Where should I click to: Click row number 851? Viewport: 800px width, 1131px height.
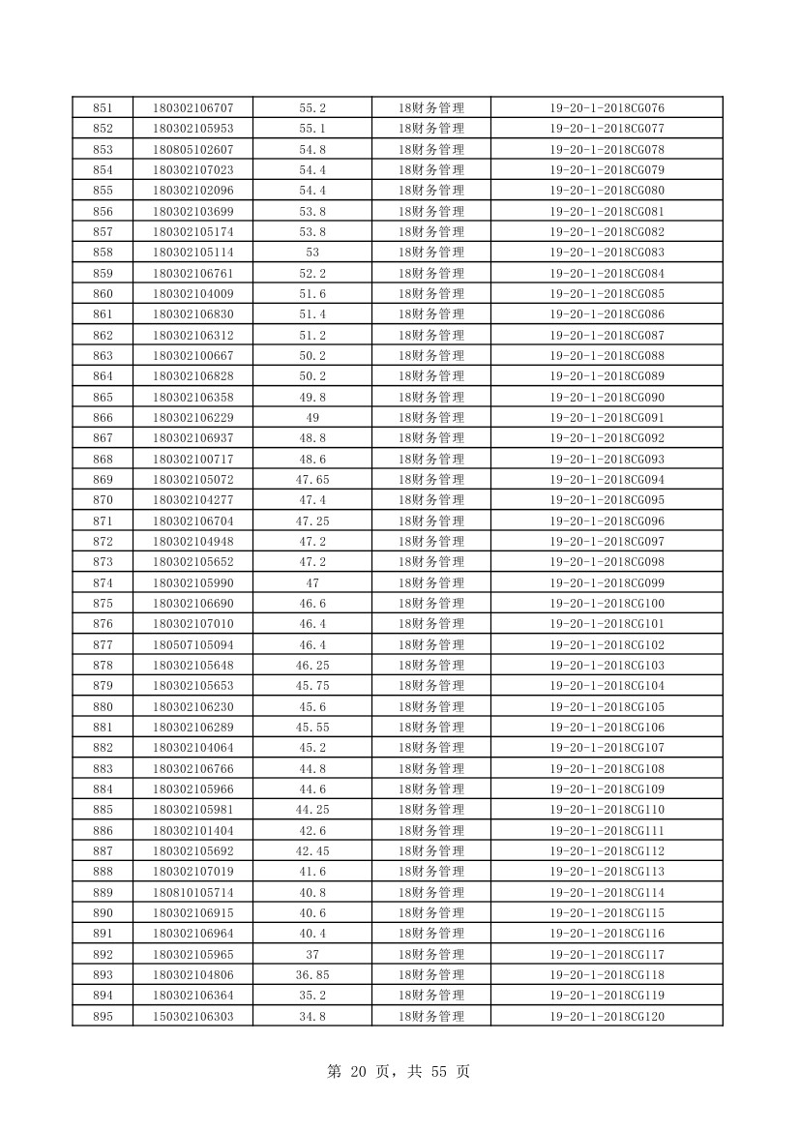point(102,107)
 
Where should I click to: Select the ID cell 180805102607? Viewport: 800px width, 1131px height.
point(193,149)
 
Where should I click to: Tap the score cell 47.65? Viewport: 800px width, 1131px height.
point(312,480)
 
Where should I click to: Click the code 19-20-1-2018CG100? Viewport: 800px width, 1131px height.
point(607,604)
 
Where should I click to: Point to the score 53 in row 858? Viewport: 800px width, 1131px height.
point(312,253)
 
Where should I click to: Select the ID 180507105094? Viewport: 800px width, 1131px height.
point(193,644)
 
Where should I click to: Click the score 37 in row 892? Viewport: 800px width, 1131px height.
point(312,954)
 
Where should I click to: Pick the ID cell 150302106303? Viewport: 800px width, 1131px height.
point(193,1016)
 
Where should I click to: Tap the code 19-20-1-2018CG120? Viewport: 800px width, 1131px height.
point(607,1016)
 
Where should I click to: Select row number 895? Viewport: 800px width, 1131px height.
point(102,1016)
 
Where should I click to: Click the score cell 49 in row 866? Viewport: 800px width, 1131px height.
point(312,418)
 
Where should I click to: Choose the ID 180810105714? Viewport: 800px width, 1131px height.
point(193,892)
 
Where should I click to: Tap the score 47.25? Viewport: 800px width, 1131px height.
point(312,521)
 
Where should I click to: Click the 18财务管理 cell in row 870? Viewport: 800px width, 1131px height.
point(430,500)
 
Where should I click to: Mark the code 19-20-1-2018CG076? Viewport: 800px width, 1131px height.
point(607,107)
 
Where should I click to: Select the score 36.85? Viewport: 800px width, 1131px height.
point(312,974)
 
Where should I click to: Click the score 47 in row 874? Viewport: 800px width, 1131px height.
point(312,582)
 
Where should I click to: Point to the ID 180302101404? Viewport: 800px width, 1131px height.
point(193,830)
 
